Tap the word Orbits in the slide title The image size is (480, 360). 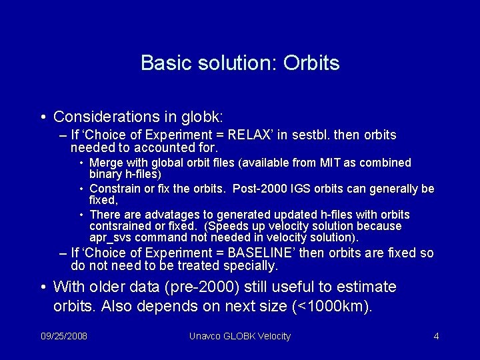[311, 63]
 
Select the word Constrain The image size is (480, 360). [114, 189]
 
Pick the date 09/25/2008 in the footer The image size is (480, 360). [64, 336]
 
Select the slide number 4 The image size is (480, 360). [436, 336]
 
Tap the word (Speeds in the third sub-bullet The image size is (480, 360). [227, 226]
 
